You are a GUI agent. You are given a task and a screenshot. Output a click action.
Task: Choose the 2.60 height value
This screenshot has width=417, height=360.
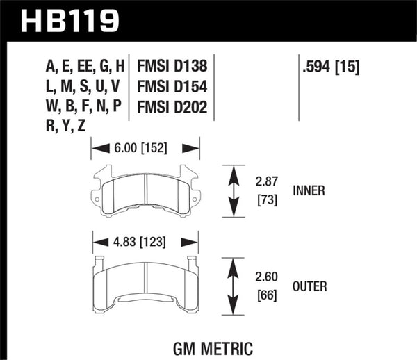click(x=268, y=277)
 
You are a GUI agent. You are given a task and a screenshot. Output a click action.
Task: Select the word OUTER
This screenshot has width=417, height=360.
click(x=310, y=285)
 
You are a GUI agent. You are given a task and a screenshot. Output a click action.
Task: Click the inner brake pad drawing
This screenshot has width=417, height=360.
click(x=146, y=190)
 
